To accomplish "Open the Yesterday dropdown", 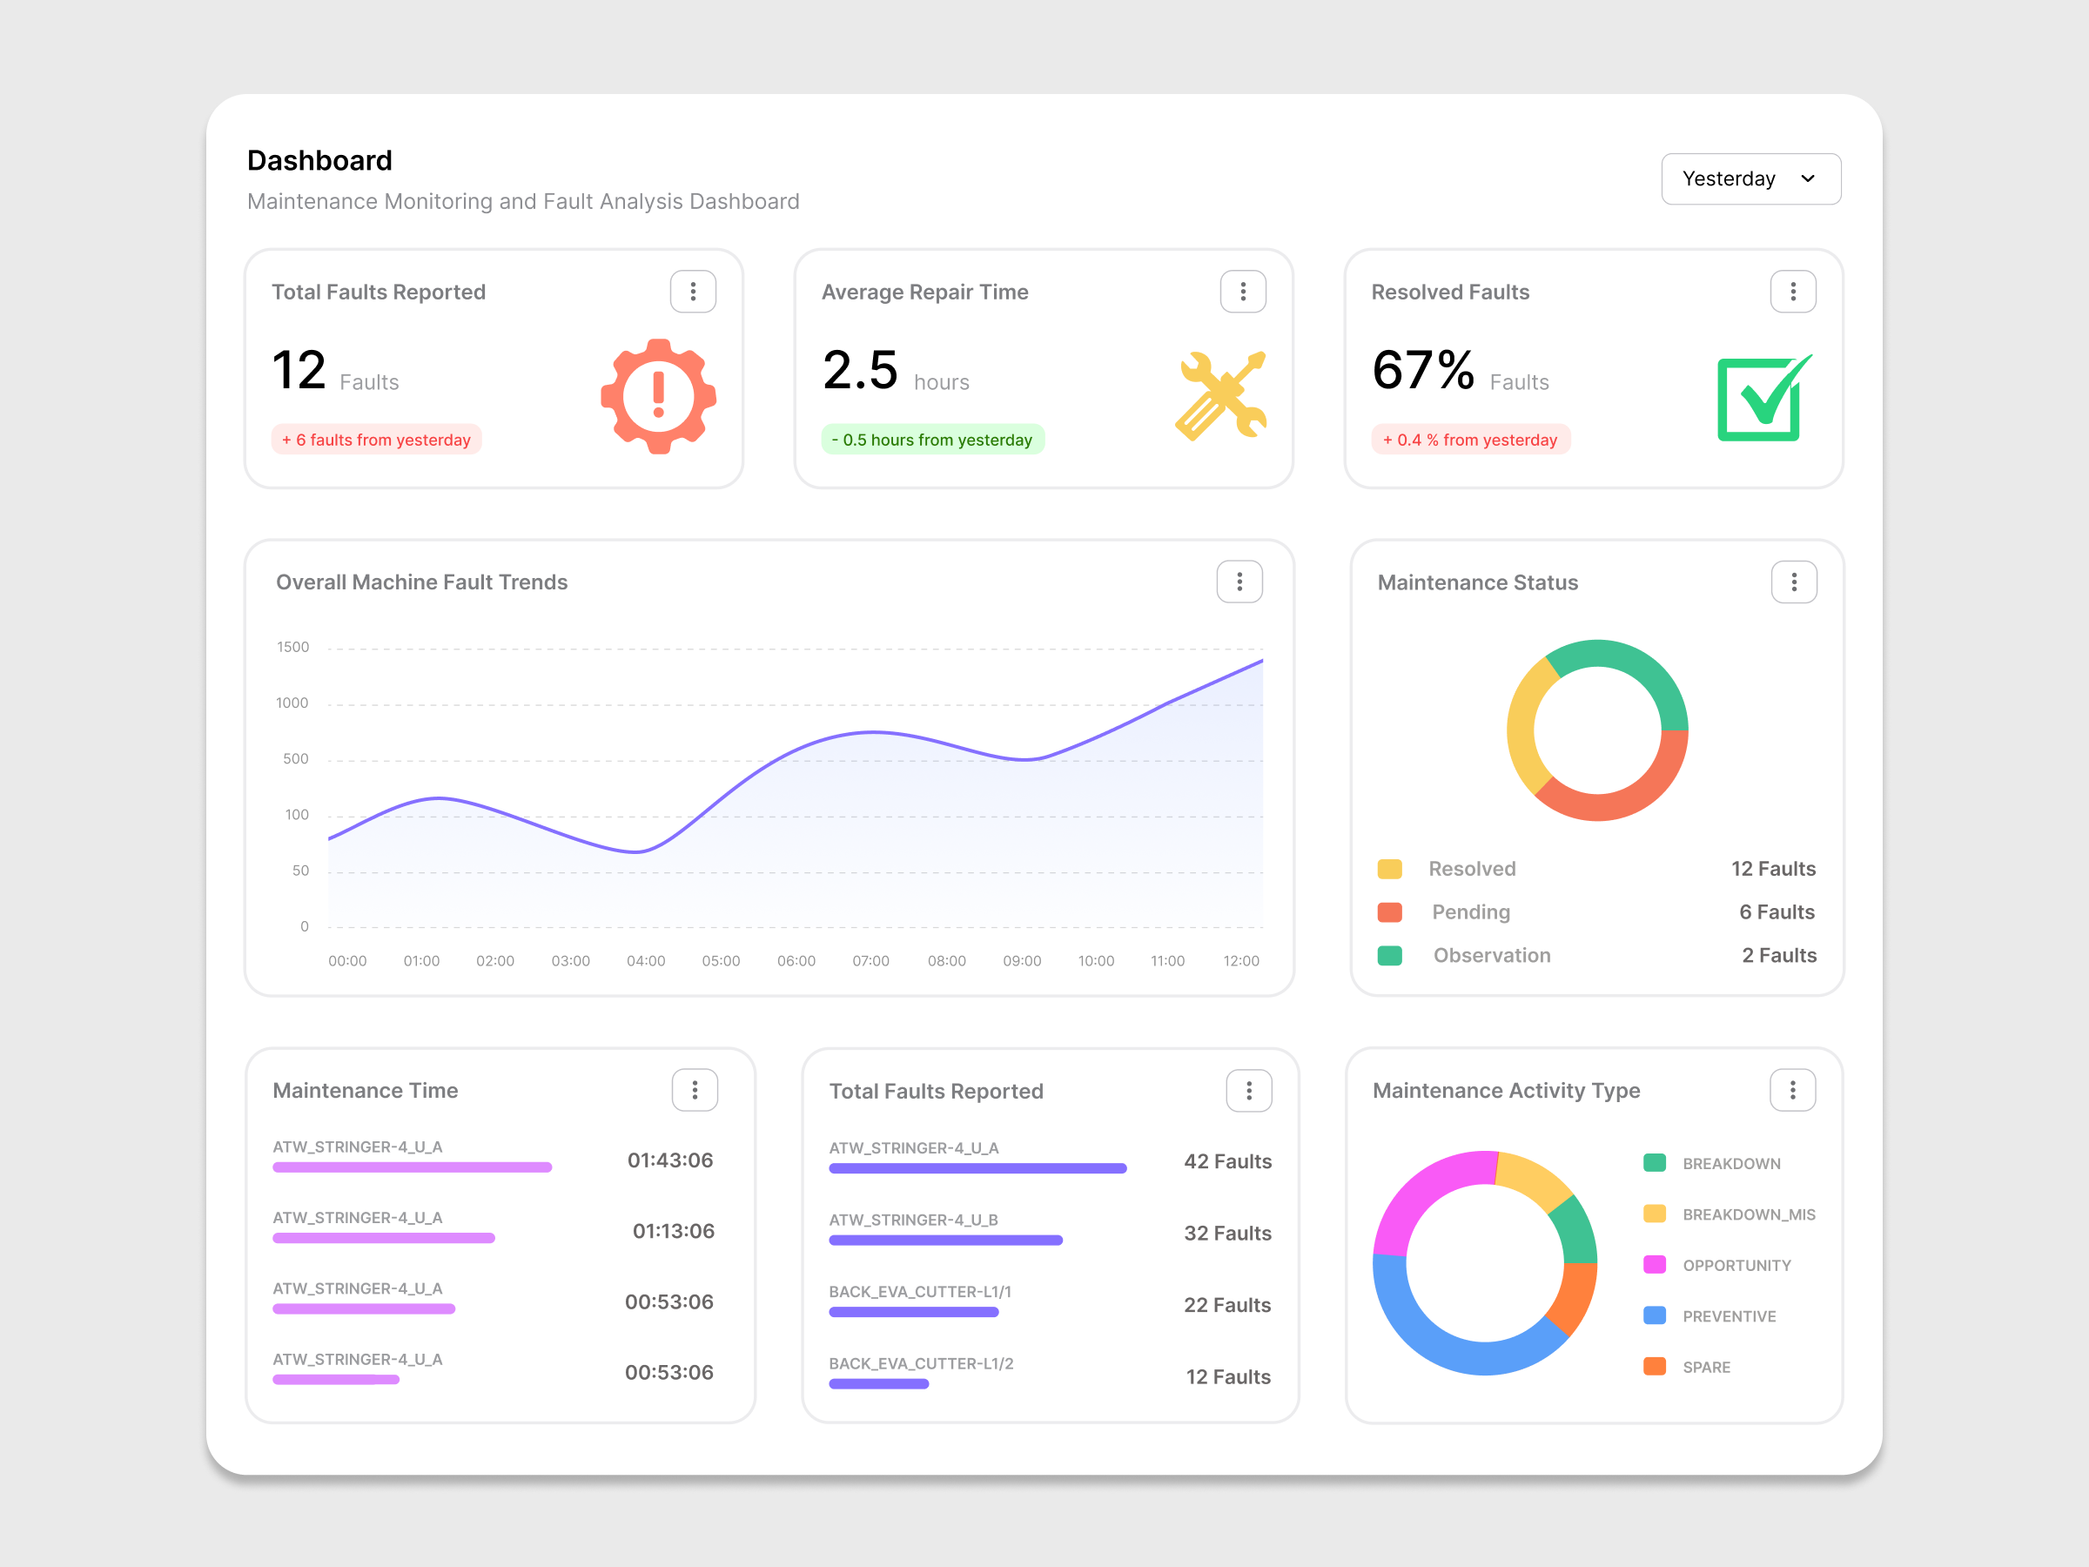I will pos(1750,178).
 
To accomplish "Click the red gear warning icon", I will pos(658,396).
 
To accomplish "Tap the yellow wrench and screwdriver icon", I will pos(1220,396).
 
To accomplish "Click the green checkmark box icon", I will pos(1763,399).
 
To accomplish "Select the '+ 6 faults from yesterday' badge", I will pos(376,440).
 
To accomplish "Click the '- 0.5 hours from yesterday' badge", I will pos(932,440).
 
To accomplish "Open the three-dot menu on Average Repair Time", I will pos(1242,291).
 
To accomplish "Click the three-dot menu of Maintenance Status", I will pos(1793,582).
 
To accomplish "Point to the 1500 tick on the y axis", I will pos(292,647).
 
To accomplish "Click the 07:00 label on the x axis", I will pos(870,960).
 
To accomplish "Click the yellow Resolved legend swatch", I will pos(1389,869).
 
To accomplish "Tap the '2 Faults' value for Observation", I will pos(1778,955).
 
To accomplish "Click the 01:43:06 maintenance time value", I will pos(669,1160).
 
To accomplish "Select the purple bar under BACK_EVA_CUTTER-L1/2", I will pos(878,1384).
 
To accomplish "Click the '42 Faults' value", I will pos(1226,1160).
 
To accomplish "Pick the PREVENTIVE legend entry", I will pos(1729,1315).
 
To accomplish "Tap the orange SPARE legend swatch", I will pos(1654,1366).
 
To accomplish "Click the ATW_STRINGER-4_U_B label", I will pos(912,1220).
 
